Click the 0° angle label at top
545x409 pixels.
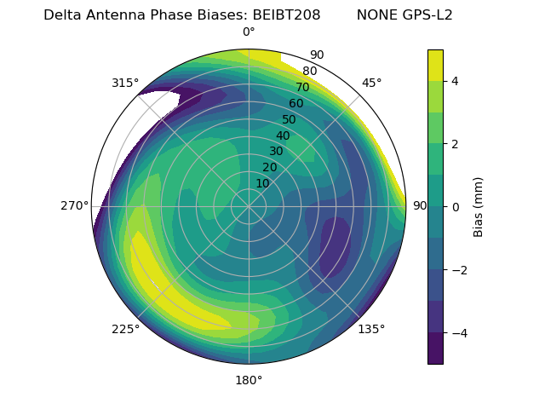(249, 32)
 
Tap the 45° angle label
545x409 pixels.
(371, 83)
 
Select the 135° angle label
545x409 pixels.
(371, 329)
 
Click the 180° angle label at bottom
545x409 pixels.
(249, 380)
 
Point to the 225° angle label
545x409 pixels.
(125, 329)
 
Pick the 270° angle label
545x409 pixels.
(74, 205)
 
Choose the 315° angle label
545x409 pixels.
(125, 83)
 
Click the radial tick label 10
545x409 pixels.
(262, 183)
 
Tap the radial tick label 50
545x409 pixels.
(289, 119)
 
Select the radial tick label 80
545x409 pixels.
(309, 72)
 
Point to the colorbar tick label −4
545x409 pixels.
(458, 332)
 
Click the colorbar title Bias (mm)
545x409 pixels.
(479, 206)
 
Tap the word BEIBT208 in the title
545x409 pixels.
(286, 15)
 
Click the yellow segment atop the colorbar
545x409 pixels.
(435, 65)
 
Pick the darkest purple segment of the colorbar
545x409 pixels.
(435, 349)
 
